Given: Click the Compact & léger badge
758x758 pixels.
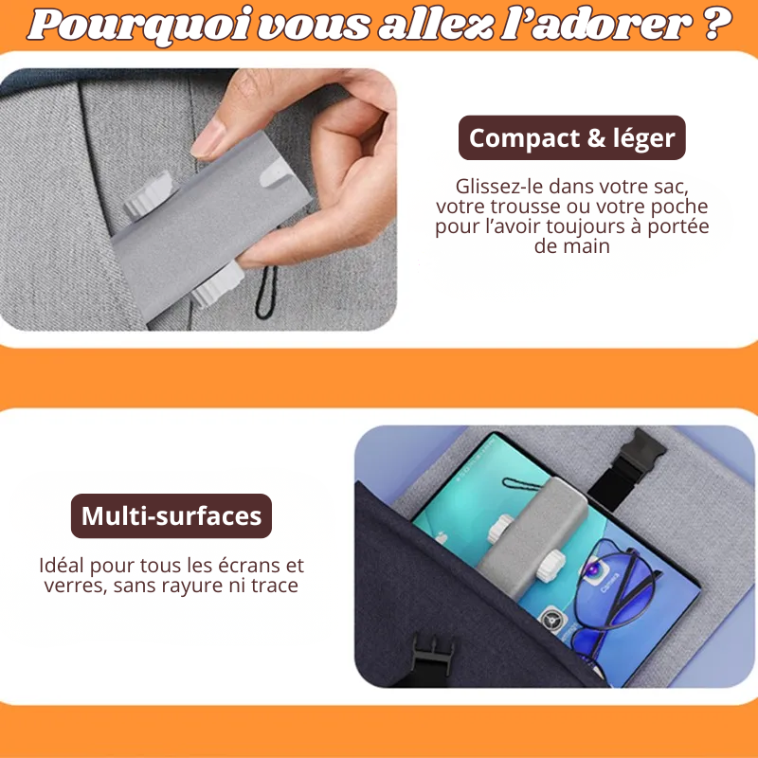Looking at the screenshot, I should click(571, 138).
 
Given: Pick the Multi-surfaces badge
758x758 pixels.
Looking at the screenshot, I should click(171, 515).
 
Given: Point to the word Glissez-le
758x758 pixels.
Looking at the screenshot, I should click(500, 187).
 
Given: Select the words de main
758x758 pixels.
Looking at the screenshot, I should click(571, 246).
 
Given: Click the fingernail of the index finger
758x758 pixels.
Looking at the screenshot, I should click(209, 139).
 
